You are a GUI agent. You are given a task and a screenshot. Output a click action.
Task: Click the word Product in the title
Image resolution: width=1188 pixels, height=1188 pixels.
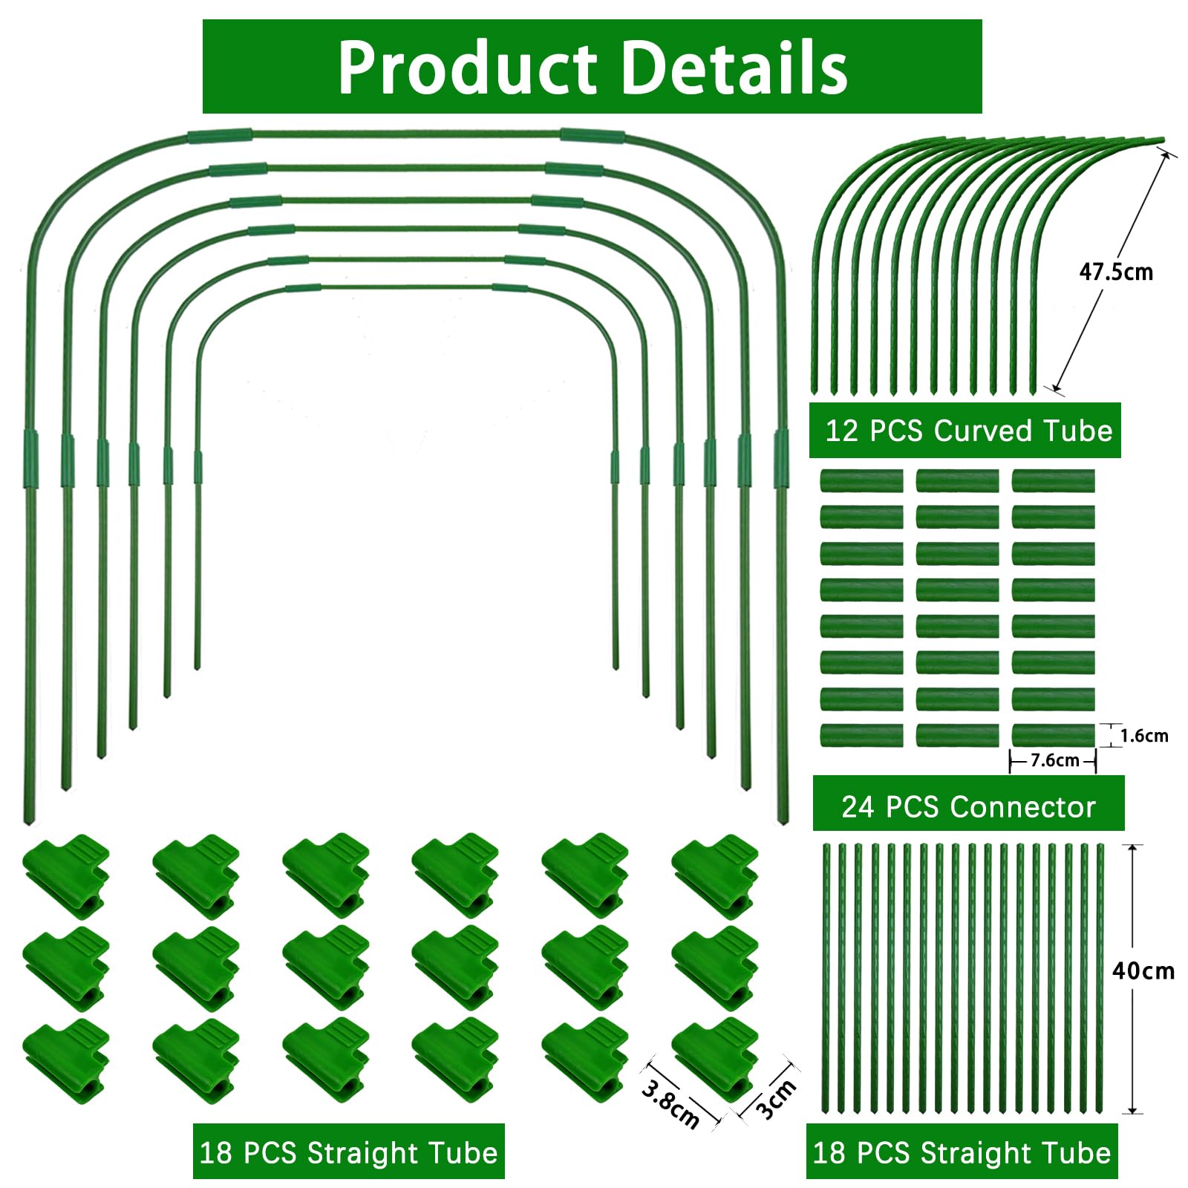tap(468, 68)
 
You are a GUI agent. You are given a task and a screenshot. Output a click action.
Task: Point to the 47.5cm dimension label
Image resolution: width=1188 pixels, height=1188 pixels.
tap(1116, 272)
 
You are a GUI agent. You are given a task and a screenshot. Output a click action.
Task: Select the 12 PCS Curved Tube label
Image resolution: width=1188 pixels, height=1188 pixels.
tap(965, 431)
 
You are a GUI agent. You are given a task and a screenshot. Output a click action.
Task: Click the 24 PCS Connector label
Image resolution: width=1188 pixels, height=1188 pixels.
tap(968, 806)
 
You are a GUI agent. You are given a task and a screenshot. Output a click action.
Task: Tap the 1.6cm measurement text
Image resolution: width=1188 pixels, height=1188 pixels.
tap(1144, 736)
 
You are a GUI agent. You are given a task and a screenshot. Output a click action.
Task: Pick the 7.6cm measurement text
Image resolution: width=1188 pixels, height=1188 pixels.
tap(1055, 760)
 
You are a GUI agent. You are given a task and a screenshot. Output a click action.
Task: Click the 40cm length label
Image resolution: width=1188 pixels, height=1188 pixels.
tap(1143, 970)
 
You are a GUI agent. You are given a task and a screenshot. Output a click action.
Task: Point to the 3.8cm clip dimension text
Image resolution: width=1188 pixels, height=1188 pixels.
tap(670, 1104)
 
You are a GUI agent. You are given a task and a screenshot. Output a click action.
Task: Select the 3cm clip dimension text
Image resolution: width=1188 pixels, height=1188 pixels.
tap(776, 1099)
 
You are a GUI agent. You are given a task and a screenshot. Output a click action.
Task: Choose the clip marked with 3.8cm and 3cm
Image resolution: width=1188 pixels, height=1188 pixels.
tap(715, 1059)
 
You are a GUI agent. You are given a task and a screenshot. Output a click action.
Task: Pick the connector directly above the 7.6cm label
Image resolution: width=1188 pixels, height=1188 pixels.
tap(1053, 735)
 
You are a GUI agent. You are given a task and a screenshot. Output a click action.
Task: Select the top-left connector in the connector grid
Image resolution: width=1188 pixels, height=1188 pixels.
tap(861, 480)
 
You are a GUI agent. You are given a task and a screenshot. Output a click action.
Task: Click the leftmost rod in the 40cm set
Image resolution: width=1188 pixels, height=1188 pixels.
tap(826, 979)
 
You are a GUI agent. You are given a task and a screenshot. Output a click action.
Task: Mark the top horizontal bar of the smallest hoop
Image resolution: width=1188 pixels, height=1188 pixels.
tap(406, 287)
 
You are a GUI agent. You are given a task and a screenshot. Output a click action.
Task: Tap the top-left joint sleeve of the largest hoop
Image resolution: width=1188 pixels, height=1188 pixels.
tap(220, 136)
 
